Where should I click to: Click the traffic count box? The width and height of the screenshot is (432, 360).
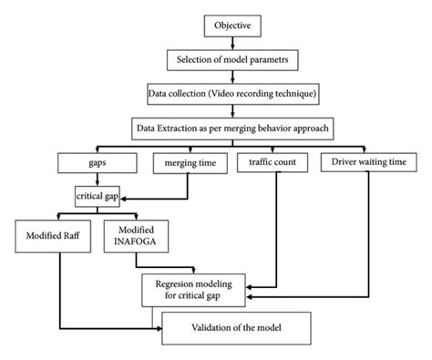pos(273,163)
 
